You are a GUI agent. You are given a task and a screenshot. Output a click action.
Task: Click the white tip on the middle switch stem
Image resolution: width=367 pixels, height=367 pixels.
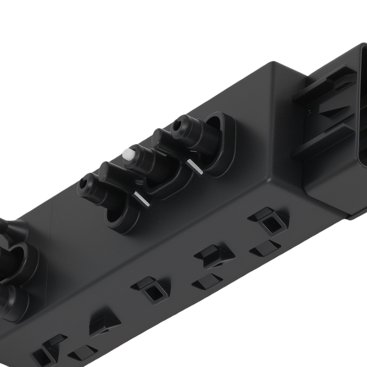coord(128,154)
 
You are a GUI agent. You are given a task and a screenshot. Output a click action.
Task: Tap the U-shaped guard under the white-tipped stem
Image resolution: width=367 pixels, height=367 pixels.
coord(161,183)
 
